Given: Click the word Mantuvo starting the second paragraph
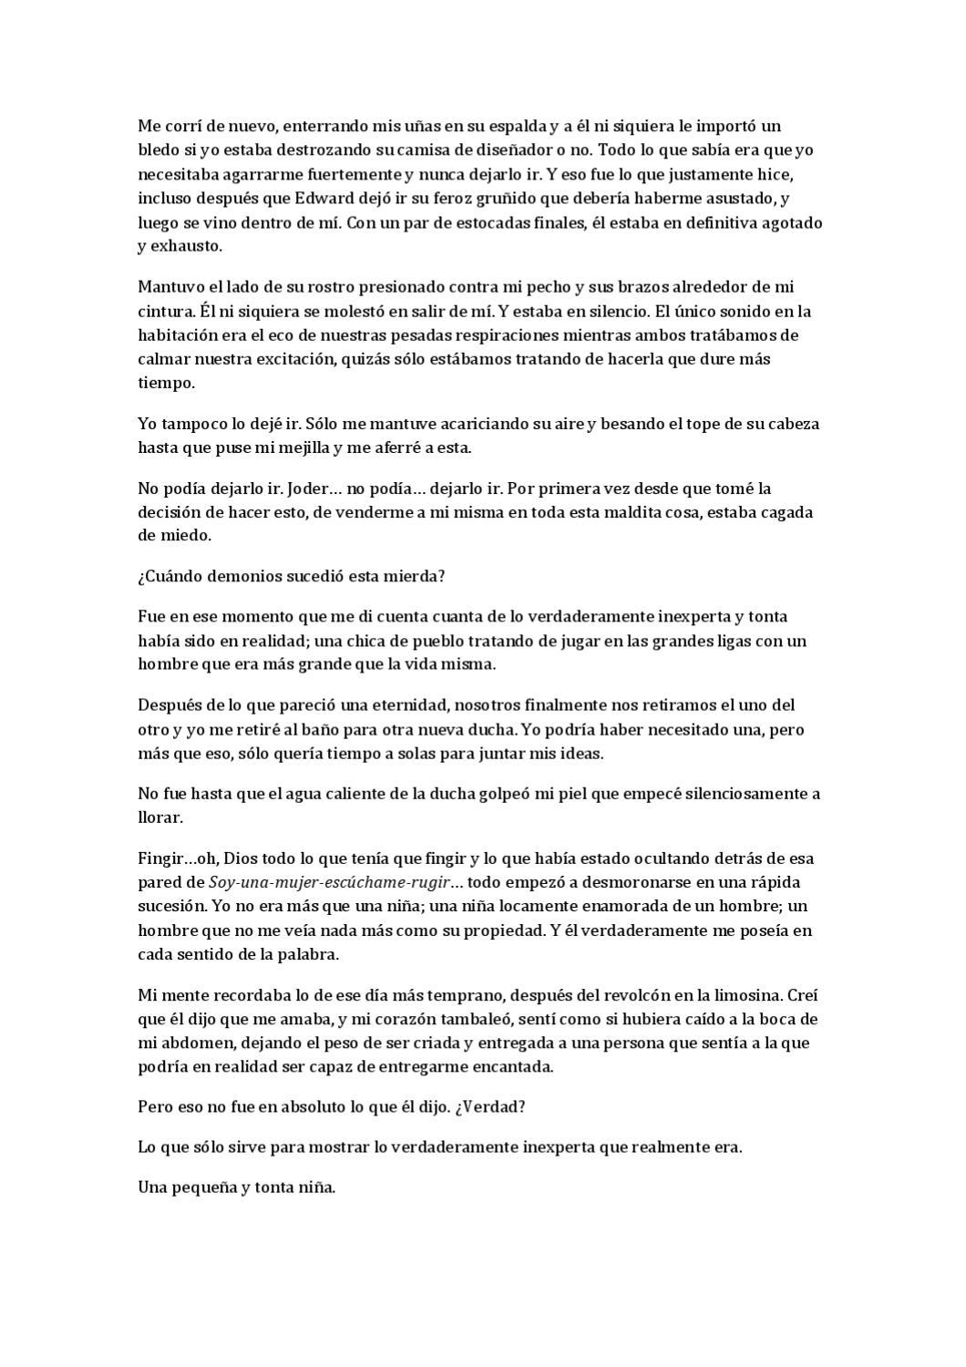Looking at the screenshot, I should [x=170, y=287].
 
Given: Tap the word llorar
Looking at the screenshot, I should [x=159, y=817].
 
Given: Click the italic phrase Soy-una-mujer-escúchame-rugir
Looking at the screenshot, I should [x=329, y=882].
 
